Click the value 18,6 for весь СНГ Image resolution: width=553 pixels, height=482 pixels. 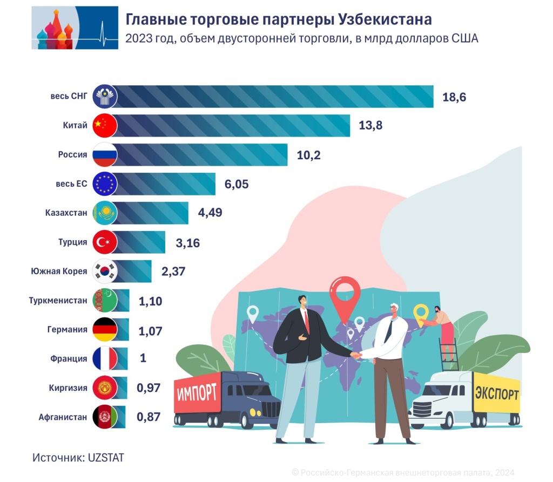click(x=453, y=97)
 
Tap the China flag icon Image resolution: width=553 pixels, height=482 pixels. click(x=105, y=126)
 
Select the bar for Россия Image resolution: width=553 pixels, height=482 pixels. click(x=200, y=154)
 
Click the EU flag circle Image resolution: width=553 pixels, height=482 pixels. click(x=105, y=184)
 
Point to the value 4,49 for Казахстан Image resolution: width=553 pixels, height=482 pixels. click(x=210, y=213)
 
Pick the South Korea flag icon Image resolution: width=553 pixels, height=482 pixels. click(x=105, y=271)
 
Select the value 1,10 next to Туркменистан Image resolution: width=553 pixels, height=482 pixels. click(x=150, y=301)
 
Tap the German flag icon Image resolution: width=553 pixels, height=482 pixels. click(x=105, y=329)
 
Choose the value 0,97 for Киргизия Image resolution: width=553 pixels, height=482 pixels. click(x=149, y=388)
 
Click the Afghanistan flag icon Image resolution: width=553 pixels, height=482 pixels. click(x=105, y=417)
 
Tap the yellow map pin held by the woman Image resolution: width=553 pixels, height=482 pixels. click(x=421, y=313)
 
